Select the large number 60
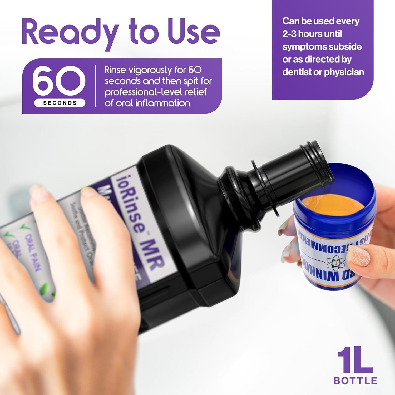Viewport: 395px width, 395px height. [60, 81]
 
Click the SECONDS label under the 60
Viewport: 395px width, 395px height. [60, 103]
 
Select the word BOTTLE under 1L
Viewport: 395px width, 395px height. [355, 381]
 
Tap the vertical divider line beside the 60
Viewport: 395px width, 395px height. [96, 86]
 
